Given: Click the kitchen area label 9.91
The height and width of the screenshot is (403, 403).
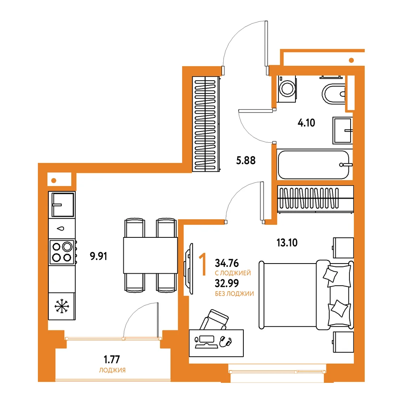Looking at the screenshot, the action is (x=98, y=256).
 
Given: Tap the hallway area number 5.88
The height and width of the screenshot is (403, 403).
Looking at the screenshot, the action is (x=246, y=160).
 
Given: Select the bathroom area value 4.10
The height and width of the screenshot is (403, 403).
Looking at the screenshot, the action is (x=306, y=123).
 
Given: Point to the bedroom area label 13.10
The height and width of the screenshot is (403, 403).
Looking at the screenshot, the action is (x=287, y=243).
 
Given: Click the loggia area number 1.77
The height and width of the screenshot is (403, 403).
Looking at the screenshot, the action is (x=112, y=359).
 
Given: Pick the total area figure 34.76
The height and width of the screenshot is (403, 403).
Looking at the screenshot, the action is (x=226, y=263).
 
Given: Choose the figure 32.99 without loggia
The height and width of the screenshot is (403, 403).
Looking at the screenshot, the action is (x=226, y=283).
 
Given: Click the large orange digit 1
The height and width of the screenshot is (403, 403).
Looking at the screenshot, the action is (x=203, y=264).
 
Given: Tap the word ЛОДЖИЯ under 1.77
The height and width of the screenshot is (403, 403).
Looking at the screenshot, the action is (x=112, y=370).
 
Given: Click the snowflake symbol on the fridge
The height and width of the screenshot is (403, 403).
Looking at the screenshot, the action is (x=62, y=306).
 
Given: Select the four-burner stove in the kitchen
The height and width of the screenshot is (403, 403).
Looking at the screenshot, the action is (x=62, y=252).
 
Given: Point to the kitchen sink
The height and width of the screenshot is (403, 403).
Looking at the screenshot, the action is (x=62, y=205).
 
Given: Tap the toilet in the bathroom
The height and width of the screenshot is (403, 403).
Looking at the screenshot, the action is (x=333, y=93).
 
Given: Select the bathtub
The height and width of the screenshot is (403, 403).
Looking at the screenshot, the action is (x=314, y=165).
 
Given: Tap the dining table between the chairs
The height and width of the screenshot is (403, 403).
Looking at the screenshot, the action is (x=150, y=255).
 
